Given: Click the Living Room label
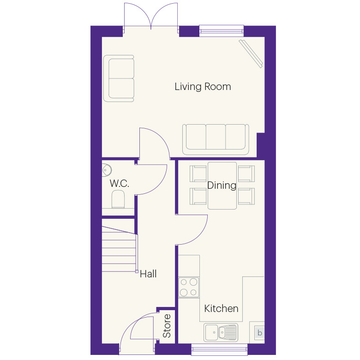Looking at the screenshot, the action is pos(203,87).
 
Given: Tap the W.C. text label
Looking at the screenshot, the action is pos(119,183).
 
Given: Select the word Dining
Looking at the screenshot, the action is pos(222,185).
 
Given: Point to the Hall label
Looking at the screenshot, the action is pos(148,274).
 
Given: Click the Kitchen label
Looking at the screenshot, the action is pos(221,308).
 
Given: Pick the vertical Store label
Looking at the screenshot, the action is pos(167,326).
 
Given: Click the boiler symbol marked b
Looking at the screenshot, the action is pos(260,333).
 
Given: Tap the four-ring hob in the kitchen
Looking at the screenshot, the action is pos(189,288).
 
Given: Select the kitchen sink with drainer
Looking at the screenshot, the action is pos(221,332).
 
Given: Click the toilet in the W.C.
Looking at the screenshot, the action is pos(118,199).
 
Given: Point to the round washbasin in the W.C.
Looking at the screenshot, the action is pos(106,170).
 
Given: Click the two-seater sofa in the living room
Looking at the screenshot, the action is pos(119,78).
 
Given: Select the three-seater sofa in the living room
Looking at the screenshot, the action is pos(216,139).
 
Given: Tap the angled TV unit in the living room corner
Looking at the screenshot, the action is pos(251,54).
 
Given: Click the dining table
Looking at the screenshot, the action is pos(222,186).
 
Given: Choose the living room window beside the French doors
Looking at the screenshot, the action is pos(222,31).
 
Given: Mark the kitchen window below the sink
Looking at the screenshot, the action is pos(219,349).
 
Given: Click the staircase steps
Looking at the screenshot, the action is pos(119,249).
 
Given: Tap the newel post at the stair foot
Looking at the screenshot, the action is pos(137,271).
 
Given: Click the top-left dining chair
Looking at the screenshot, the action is pos(198,174).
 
